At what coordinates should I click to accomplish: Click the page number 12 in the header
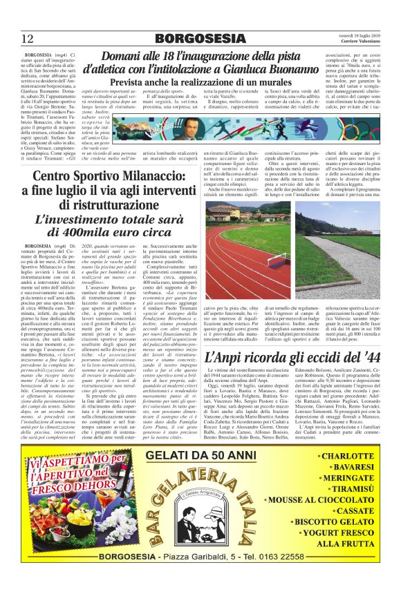pyautogui.click(x=28, y=38)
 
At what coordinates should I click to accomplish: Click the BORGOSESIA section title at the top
pyautogui.click(x=200, y=38)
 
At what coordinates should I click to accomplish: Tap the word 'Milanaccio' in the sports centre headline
pyautogui.click(x=147, y=178)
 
